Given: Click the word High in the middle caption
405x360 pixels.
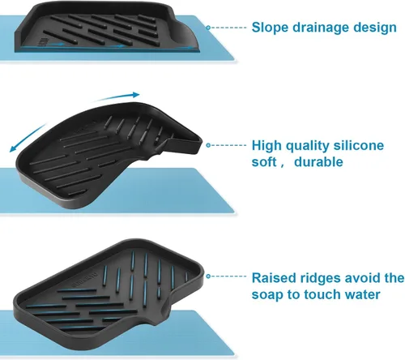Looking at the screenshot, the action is click(266, 146).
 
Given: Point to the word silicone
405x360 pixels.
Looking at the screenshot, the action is click(359, 145).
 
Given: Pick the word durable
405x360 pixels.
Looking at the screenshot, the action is click(318, 162).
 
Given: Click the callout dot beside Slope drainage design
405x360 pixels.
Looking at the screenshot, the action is click(208, 28).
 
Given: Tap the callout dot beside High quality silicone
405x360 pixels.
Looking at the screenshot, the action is click(208, 145).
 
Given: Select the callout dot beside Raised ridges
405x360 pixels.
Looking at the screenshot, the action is click(208, 276).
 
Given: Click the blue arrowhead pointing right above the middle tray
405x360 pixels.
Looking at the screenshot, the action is click(136, 95).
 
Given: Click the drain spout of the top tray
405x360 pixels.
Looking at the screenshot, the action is click(187, 34).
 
